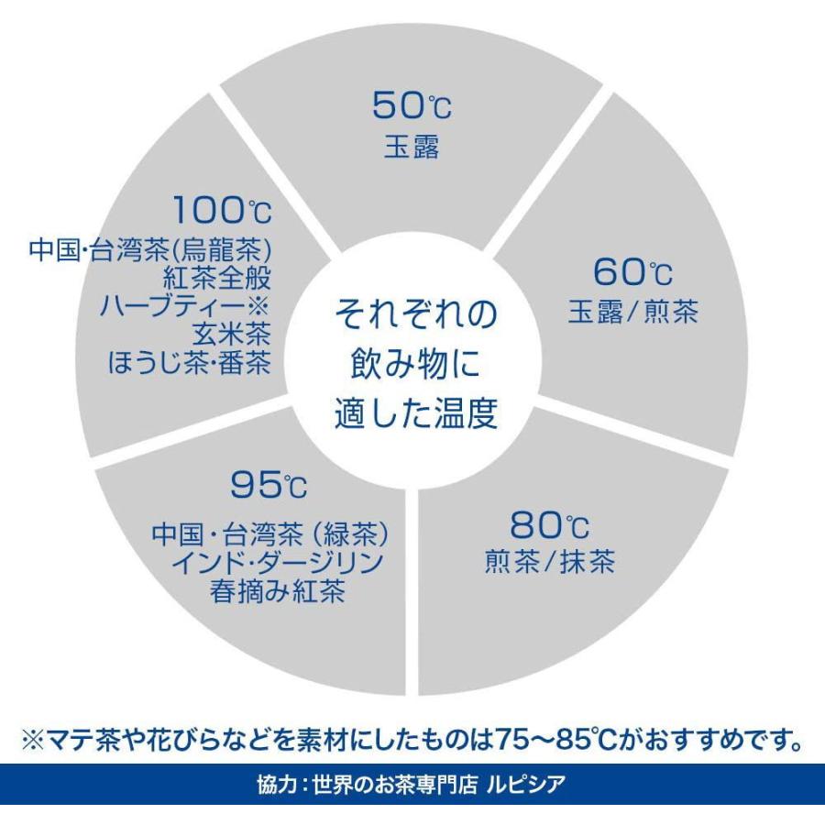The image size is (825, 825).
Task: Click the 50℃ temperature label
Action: click(x=412, y=105)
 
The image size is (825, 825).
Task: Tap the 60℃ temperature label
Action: click(x=632, y=271)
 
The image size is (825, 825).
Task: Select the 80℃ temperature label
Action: click(x=549, y=525)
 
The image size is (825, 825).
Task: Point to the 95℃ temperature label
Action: click(x=269, y=485)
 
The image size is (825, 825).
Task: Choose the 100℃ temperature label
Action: click(x=223, y=210)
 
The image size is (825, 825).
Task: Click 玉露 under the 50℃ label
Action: click(x=412, y=148)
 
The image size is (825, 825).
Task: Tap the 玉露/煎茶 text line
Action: click(x=632, y=312)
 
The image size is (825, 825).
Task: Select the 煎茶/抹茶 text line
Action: click(x=549, y=561)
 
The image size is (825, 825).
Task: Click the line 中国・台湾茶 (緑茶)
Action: click(x=269, y=534)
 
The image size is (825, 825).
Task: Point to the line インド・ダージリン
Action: click(x=277, y=563)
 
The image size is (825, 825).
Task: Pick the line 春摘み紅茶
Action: click(x=277, y=591)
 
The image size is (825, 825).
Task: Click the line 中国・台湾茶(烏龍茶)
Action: click(x=150, y=249)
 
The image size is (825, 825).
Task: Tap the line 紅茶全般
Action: click(x=217, y=278)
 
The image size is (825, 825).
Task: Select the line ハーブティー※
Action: click(x=184, y=305)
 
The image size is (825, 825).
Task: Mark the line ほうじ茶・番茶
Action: click(x=190, y=362)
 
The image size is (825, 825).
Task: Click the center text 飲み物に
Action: click(x=415, y=364)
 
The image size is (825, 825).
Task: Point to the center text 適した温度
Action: click(x=415, y=413)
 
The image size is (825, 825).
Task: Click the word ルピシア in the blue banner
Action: click(x=525, y=785)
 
